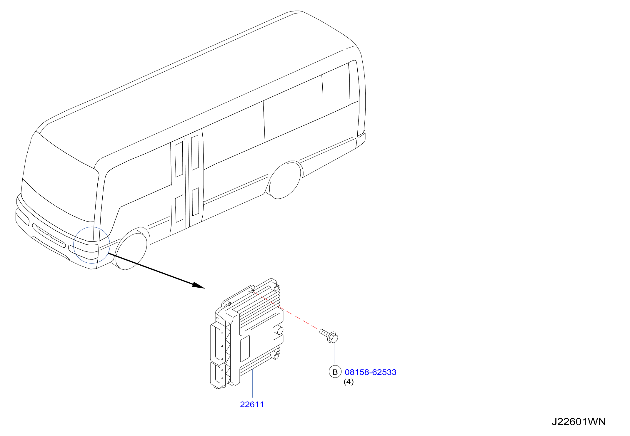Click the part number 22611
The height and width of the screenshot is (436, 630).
pos(252,405)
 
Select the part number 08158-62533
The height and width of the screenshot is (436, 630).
pos(371,372)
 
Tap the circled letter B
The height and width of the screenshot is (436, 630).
pos(335,372)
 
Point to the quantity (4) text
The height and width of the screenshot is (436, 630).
pos(349,382)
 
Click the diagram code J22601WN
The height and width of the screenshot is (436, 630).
pos(579,422)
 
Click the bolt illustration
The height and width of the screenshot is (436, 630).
pos(329,336)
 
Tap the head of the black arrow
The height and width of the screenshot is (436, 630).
pos(199,285)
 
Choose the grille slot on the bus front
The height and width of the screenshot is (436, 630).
pos(49,235)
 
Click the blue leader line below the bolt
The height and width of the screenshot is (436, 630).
pos(335,353)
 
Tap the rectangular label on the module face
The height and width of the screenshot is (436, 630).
pos(245,348)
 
